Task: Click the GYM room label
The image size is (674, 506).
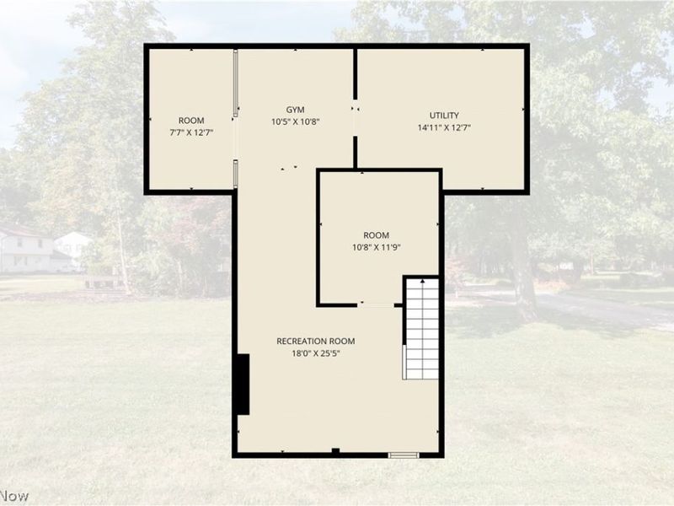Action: pos(296,110)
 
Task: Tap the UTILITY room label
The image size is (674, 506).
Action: pos(444,116)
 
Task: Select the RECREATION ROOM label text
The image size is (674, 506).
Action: pos(315,342)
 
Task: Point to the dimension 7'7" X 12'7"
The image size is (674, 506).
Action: pos(192,132)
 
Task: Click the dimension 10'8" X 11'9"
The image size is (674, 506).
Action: pos(377,247)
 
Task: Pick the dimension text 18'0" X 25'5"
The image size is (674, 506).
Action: pos(316,353)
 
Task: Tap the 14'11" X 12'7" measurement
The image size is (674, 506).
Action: pos(444,128)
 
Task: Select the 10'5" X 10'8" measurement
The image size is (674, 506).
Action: pos(296,122)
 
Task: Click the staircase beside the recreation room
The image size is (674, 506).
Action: pos(421,329)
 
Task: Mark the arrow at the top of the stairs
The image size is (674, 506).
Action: pos(423,281)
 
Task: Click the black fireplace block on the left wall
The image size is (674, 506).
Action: pos(243,385)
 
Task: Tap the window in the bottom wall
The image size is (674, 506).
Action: pos(404,455)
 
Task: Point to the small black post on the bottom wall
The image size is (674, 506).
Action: pos(335,451)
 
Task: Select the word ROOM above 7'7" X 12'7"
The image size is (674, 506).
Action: pos(191,121)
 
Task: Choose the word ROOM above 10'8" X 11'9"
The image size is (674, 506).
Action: pos(376,235)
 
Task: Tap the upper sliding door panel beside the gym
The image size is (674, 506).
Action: pos(235,83)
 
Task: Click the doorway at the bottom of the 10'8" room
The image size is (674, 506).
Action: pos(376,305)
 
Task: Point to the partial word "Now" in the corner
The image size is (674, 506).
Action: pos(14,496)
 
